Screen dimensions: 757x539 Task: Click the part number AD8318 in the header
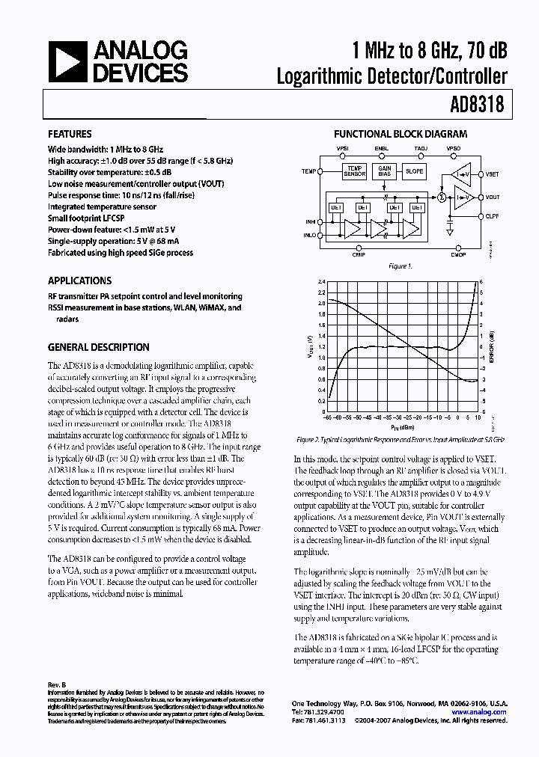point(476,105)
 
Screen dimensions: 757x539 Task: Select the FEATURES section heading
point(70,135)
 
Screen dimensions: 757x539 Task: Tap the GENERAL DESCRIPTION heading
point(98,348)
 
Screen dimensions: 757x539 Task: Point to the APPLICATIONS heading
point(79,281)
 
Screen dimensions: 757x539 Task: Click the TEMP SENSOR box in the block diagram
point(355,171)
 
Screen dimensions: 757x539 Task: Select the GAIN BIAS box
point(385,171)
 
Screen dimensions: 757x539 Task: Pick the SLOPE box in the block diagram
point(414,171)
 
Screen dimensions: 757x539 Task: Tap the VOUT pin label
point(492,197)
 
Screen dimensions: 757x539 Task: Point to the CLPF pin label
point(492,215)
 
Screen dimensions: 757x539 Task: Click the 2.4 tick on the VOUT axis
point(301,282)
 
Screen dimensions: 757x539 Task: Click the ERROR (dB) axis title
point(491,346)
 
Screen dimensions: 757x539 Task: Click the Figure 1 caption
point(400,266)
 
